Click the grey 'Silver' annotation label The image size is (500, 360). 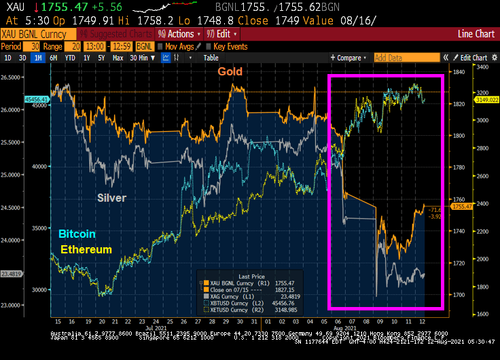pyautogui.click(x=111, y=198)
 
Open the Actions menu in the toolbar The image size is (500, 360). pyautogui.click(x=179, y=34)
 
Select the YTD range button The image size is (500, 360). pyautogui.click(x=69, y=58)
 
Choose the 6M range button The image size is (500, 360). pyautogui.click(x=52, y=58)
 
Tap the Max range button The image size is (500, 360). pyautogui.click(x=118, y=58)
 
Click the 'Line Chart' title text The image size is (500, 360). pyautogui.click(x=476, y=33)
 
